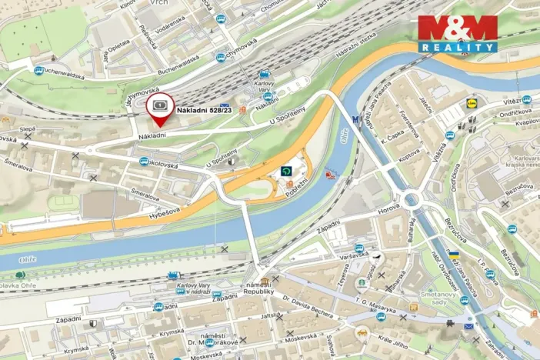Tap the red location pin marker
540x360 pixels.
tap(158, 110)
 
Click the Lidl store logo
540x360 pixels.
tap(472, 102)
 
